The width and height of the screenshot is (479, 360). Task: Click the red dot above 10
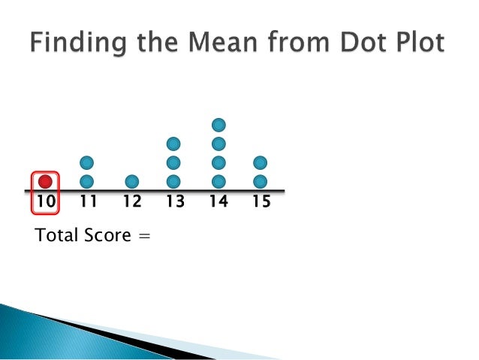[45, 181]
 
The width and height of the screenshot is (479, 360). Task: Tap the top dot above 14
[218, 124]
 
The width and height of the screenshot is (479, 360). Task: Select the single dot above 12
[131, 181]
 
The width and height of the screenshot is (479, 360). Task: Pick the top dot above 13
[174, 143]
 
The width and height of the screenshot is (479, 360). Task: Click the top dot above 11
[87, 162]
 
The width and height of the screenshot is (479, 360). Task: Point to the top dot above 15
[261, 162]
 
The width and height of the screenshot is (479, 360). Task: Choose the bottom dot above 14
[218, 181]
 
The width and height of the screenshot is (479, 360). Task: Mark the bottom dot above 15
[261, 181]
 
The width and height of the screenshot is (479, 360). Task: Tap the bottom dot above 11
[87, 181]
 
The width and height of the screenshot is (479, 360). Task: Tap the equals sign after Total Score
[144, 237]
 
